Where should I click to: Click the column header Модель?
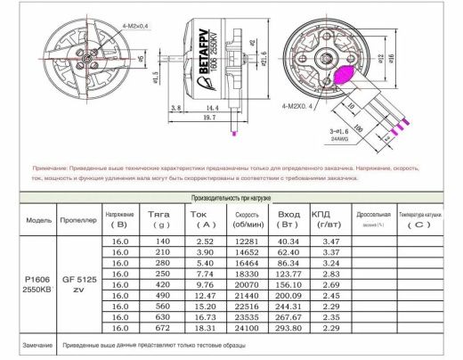point(39,218)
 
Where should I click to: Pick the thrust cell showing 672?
point(161,327)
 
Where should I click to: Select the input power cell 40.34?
point(290,241)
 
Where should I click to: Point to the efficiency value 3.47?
point(331,241)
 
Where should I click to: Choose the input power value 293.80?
point(290,327)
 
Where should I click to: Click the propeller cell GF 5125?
point(79,279)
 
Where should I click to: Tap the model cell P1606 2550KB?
point(39,284)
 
